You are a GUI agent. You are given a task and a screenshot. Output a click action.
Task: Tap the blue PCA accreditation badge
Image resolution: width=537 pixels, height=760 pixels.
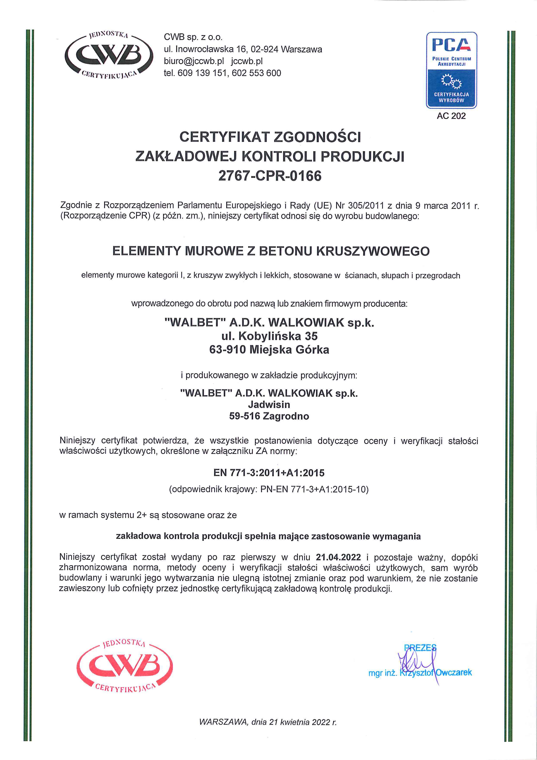[451, 70]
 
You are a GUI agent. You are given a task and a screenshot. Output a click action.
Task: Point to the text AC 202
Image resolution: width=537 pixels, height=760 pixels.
[451, 116]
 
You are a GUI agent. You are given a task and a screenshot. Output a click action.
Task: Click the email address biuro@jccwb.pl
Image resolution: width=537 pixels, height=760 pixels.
[194, 61]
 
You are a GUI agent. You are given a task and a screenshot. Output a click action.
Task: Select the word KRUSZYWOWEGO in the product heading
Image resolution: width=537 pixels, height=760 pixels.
[373, 251]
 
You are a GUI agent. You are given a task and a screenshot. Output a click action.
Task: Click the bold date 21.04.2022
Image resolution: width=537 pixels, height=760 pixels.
[338, 557]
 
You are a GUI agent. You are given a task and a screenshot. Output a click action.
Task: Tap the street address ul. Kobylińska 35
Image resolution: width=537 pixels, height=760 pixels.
[269, 336]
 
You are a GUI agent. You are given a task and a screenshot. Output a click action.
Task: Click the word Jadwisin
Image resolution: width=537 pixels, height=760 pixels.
[269, 404]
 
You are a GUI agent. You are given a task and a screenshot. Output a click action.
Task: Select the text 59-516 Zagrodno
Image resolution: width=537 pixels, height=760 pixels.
[269, 416]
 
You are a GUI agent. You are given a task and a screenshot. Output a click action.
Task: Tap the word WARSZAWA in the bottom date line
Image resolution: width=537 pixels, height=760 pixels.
[223, 722]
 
